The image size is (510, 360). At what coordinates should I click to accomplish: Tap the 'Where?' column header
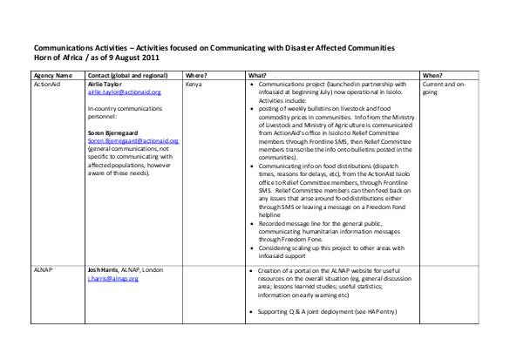coord(197,76)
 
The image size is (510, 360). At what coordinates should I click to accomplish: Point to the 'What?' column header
coord(258,76)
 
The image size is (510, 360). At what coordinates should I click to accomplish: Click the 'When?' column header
coord(433,76)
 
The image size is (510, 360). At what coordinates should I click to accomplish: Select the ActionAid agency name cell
coord(47,85)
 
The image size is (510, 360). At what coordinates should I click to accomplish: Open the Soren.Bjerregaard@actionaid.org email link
coord(128,139)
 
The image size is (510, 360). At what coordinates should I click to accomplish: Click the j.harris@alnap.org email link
coord(113,279)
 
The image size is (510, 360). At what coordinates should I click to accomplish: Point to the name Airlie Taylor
coord(108,85)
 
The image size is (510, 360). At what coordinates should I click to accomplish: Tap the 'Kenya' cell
coord(194,85)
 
